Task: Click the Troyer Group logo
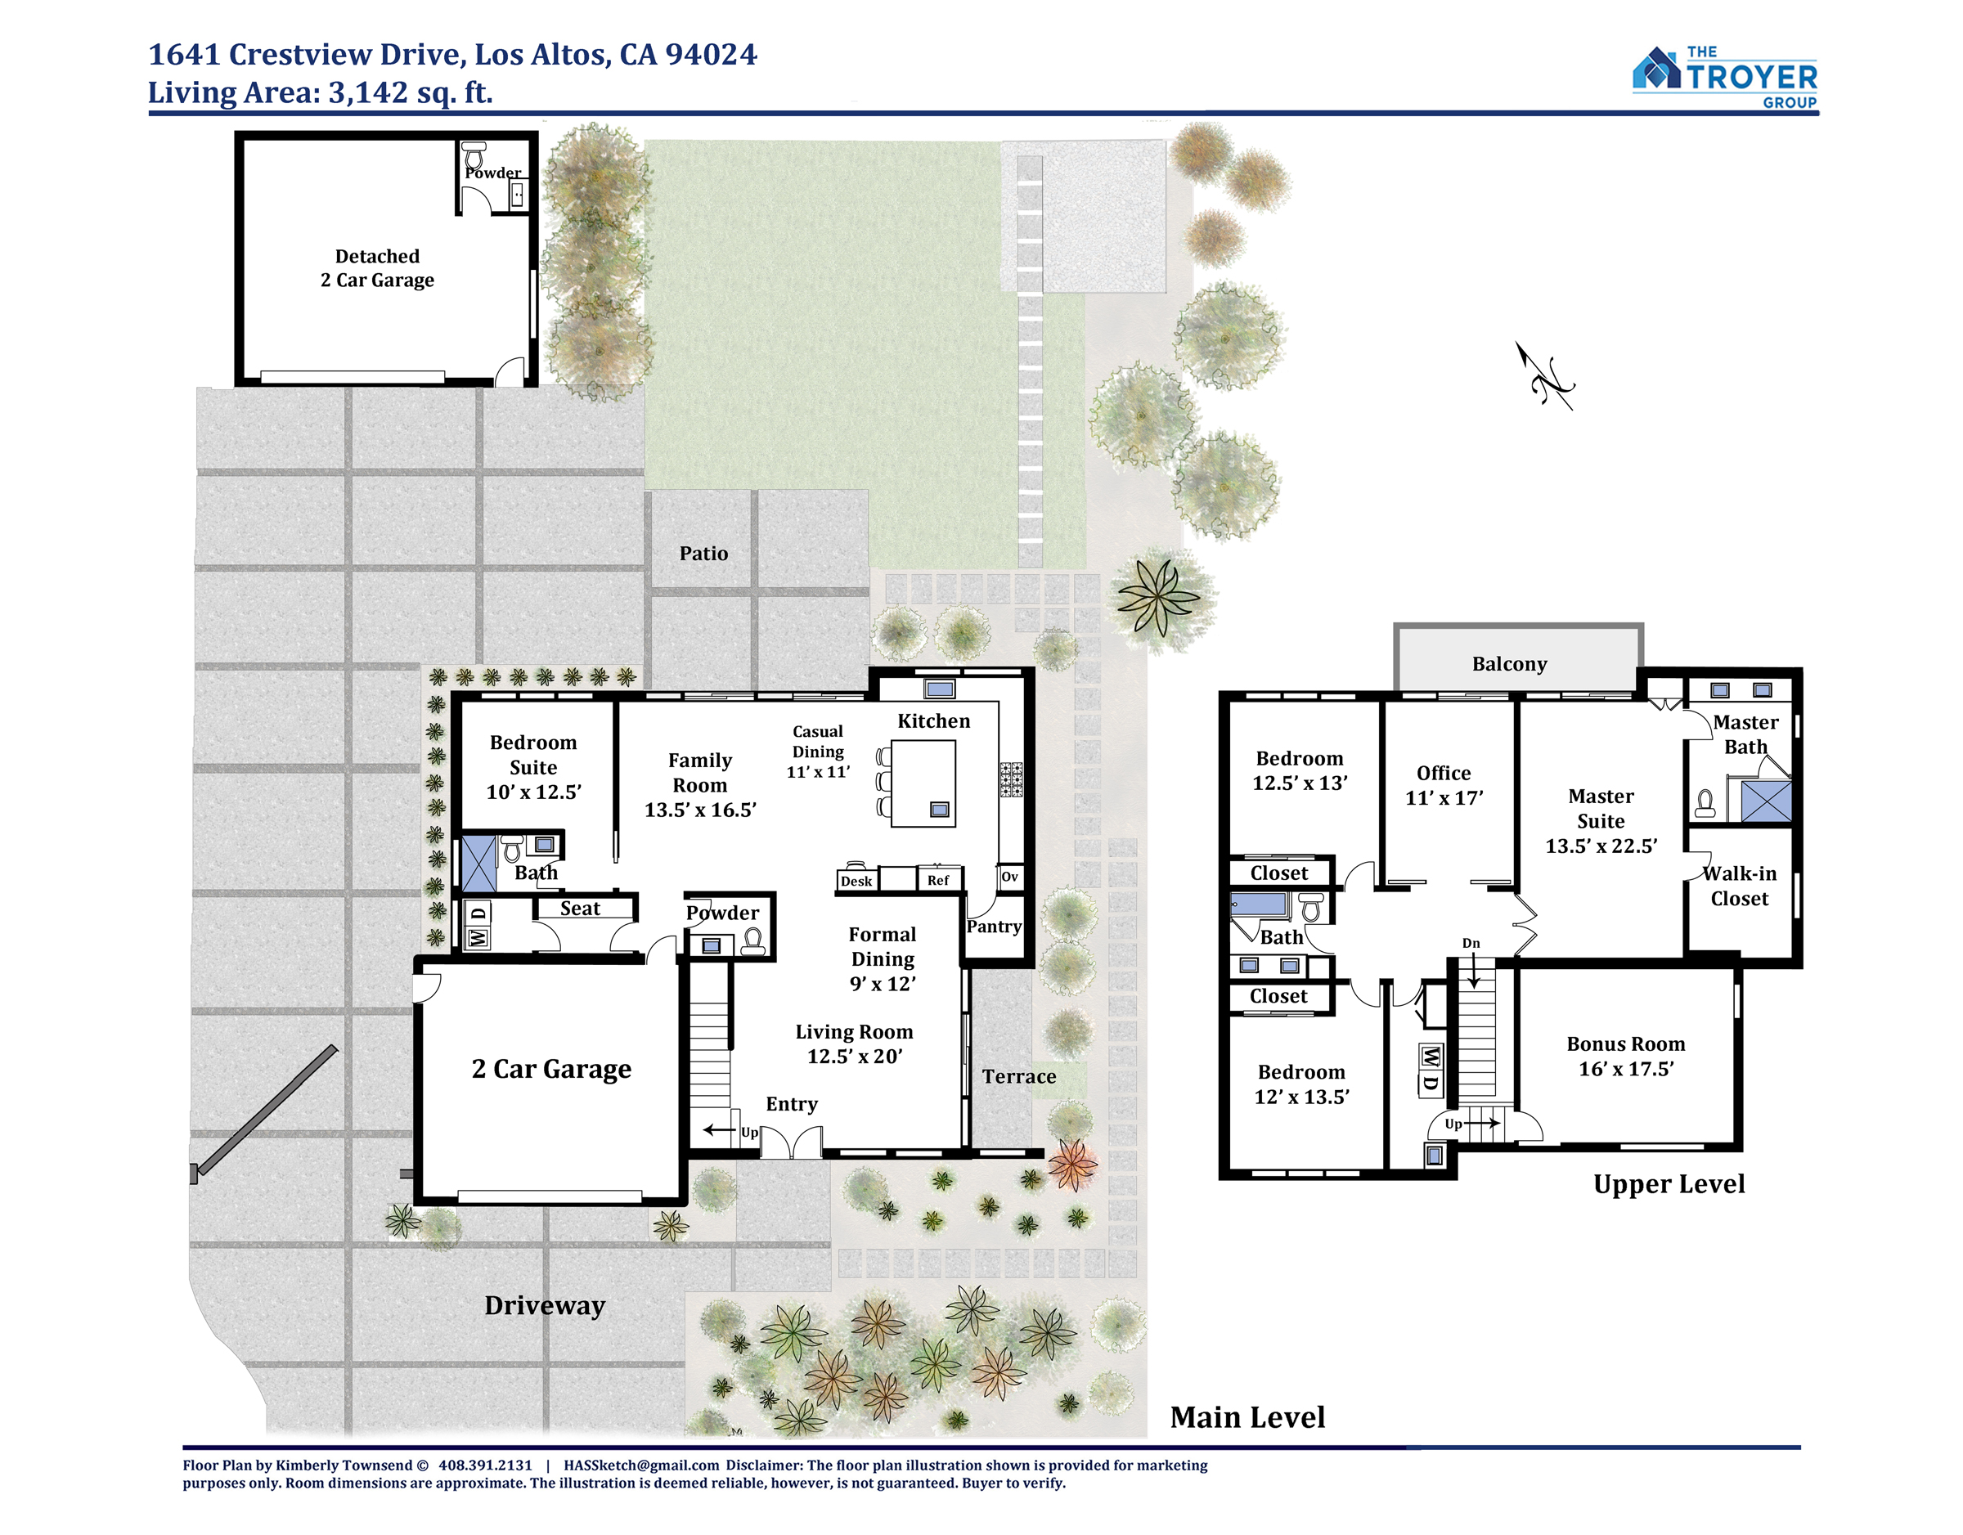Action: pyautogui.click(x=1725, y=78)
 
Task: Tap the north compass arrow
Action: pyautogui.click(x=1545, y=375)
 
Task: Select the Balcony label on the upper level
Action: pyautogui.click(x=1509, y=664)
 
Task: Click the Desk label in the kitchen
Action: pyautogui.click(x=856, y=881)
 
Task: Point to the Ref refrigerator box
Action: pyautogui.click(x=938, y=879)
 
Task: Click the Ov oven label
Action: pyautogui.click(x=1009, y=876)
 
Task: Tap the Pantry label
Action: pyautogui.click(x=994, y=927)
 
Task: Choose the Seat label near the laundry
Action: pyautogui.click(x=580, y=909)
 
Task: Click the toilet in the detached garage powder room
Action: pyautogui.click(x=474, y=154)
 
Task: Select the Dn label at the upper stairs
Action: pyautogui.click(x=1471, y=943)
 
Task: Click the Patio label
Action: pyautogui.click(x=703, y=554)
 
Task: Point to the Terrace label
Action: pyautogui.click(x=1018, y=1077)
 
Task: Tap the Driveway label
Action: pyautogui.click(x=545, y=1305)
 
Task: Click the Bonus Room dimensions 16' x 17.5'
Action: pyautogui.click(x=1626, y=1069)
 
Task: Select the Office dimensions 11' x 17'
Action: pyautogui.click(x=1444, y=798)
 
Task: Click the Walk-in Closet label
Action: pyautogui.click(x=1739, y=886)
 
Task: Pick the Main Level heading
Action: pyautogui.click(x=1247, y=1417)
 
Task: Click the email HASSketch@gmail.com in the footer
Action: pyautogui.click(x=641, y=1465)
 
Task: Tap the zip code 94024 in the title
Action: pyautogui.click(x=711, y=54)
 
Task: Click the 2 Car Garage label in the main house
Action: pyautogui.click(x=551, y=1070)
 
